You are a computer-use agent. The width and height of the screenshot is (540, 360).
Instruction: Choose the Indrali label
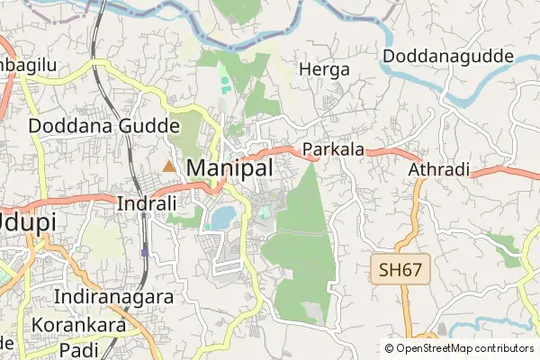point(147,204)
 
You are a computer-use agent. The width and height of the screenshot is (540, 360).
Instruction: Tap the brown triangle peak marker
point(169,166)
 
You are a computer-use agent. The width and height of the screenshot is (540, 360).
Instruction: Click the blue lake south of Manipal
point(222,217)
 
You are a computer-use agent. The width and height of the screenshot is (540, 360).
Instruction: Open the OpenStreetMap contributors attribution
point(465,348)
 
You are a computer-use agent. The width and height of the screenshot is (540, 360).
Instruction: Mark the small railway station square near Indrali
point(144,252)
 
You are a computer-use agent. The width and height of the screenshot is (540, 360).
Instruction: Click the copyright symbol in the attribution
point(390,348)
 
